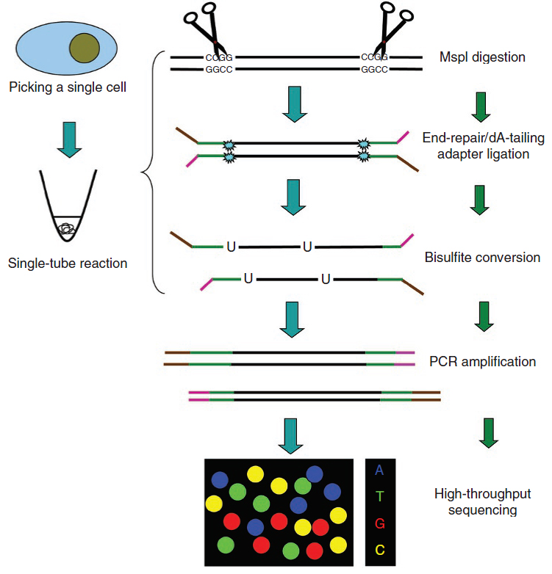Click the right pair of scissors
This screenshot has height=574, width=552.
click(x=390, y=29)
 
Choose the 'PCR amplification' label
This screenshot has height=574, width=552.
click(x=482, y=361)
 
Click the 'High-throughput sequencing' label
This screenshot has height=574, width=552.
click(x=482, y=501)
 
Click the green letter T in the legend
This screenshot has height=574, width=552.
click(x=379, y=496)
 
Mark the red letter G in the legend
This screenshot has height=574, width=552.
click(x=379, y=523)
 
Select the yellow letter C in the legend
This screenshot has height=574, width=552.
click(x=379, y=550)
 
